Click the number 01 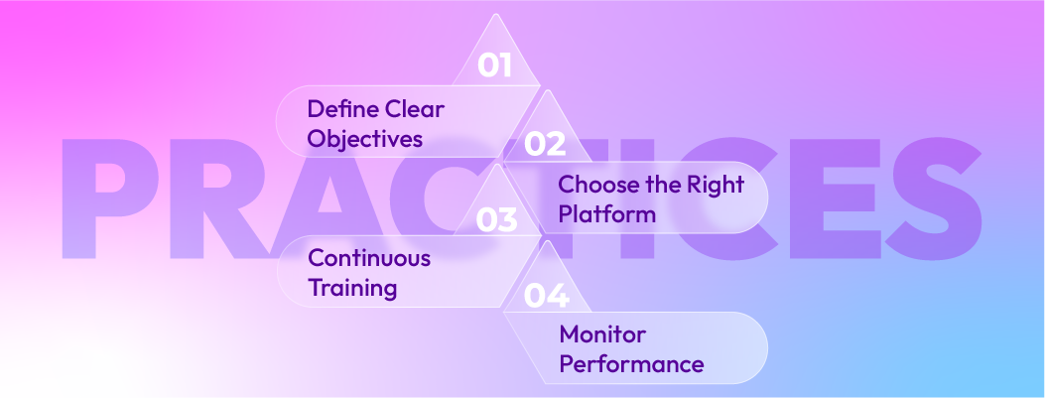pos(493,66)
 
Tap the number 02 pos(545,145)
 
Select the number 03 pos(496,218)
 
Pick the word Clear pos(415,109)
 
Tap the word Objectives pos(365,139)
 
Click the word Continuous pos(369,259)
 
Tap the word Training pos(352,289)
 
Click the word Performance pos(631,364)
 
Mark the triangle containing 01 pos(495,60)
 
